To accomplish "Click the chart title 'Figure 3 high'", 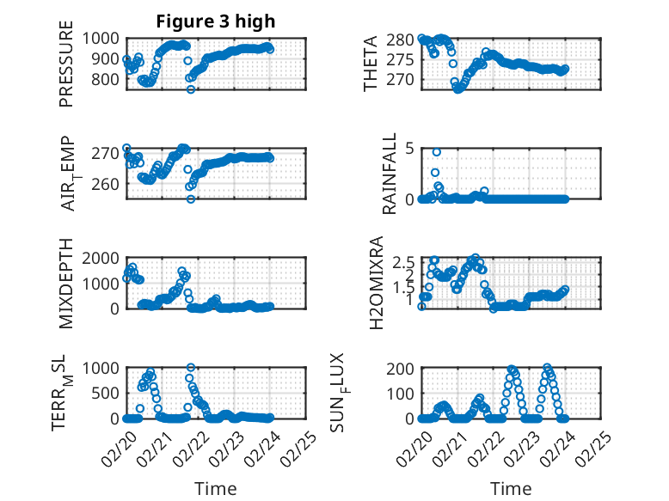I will pos(216,21).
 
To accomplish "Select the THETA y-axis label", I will pos(371,64).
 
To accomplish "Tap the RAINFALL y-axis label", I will pos(390,174).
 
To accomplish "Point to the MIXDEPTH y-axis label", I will pos(67,284).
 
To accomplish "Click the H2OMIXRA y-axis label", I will pos(376,284).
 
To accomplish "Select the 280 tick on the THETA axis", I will pos(402,40).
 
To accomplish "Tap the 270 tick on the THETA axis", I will pos(402,80).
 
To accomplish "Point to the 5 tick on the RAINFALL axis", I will pos(410,149).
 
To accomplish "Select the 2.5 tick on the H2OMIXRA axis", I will pos(405,261).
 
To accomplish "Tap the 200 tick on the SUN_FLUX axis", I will pos(402,369).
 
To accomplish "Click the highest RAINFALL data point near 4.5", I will pos(437,152).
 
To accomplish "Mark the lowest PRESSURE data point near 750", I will pos(191,89).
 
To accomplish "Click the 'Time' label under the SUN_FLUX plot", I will pos(511,488).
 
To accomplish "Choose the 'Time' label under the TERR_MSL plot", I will pos(216,488).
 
